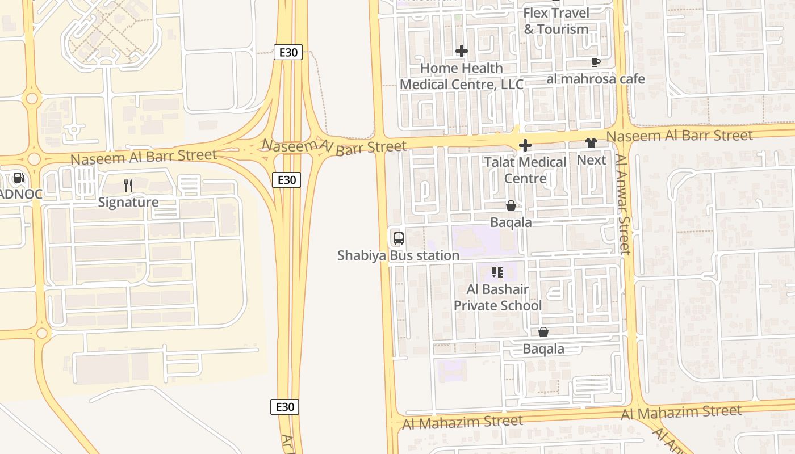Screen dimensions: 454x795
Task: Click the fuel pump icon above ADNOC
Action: point(19,178)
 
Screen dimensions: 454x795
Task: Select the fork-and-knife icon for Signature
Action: point(128,185)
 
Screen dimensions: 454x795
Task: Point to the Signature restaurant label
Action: point(128,202)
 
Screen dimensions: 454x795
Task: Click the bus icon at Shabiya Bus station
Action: point(398,238)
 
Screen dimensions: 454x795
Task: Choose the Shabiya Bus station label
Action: point(398,255)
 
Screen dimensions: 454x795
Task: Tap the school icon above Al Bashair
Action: point(497,272)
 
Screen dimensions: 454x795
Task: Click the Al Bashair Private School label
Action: point(497,297)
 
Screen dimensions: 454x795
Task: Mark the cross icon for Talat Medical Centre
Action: point(525,146)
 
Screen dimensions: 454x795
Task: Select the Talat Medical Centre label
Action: point(525,170)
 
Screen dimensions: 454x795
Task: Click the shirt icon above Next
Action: point(591,144)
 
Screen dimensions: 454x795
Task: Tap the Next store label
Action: point(591,160)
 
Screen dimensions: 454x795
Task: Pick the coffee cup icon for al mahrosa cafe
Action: point(595,62)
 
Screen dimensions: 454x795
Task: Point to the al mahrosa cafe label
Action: point(595,79)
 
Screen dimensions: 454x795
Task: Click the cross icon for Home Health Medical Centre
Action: point(462,51)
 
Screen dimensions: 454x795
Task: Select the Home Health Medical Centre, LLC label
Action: point(462,76)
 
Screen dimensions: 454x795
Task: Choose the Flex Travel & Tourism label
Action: point(556,21)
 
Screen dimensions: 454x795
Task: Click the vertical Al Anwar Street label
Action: point(623,204)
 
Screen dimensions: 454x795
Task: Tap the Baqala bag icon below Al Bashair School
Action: point(543,332)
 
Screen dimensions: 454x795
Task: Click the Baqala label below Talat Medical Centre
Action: point(511,222)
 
